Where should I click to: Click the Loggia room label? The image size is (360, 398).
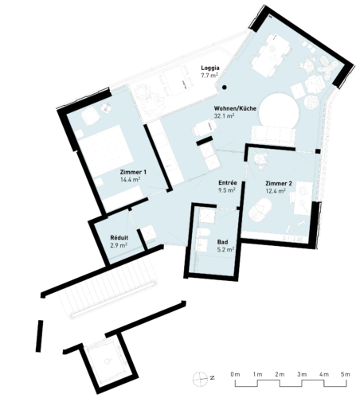pyautogui.click(x=210, y=68)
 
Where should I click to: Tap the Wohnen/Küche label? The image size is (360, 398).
pyautogui.click(x=235, y=108)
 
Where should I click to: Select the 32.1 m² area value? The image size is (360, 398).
pyautogui.click(x=224, y=115)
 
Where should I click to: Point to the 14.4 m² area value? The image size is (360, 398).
pyautogui.click(x=130, y=179)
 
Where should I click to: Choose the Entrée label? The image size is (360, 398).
pyautogui.click(x=228, y=183)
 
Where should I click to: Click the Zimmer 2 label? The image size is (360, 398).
pyautogui.click(x=279, y=183)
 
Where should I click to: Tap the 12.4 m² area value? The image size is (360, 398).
pyautogui.click(x=276, y=191)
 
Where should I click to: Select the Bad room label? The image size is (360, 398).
pyautogui.click(x=222, y=242)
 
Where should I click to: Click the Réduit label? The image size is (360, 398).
pyautogui.click(x=119, y=238)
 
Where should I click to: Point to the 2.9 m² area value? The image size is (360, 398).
pyautogui.click(x=119, y=245)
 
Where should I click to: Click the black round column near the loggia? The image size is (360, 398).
pyautogui.click(x=225, y=88)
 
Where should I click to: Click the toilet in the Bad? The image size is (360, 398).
pyautogui.click(x=204, y=232)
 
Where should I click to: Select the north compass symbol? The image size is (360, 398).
pyautogui.click(x=200, y=379)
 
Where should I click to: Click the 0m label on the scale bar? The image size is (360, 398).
pyautogui.click(x=235, y=374)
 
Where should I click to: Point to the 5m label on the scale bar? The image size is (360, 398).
pyautogui.click(x=346, y=374)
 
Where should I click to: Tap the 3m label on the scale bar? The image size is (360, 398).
pyautogui.click(x=302, y=374)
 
